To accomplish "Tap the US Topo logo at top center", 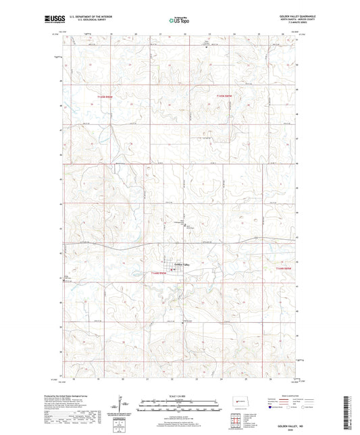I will pyautogui.click(x=180, y=21).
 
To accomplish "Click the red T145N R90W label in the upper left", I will pyautogui.click(x=103, y=101).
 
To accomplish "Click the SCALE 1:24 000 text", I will pyautogui.click(x=180, y=396).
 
